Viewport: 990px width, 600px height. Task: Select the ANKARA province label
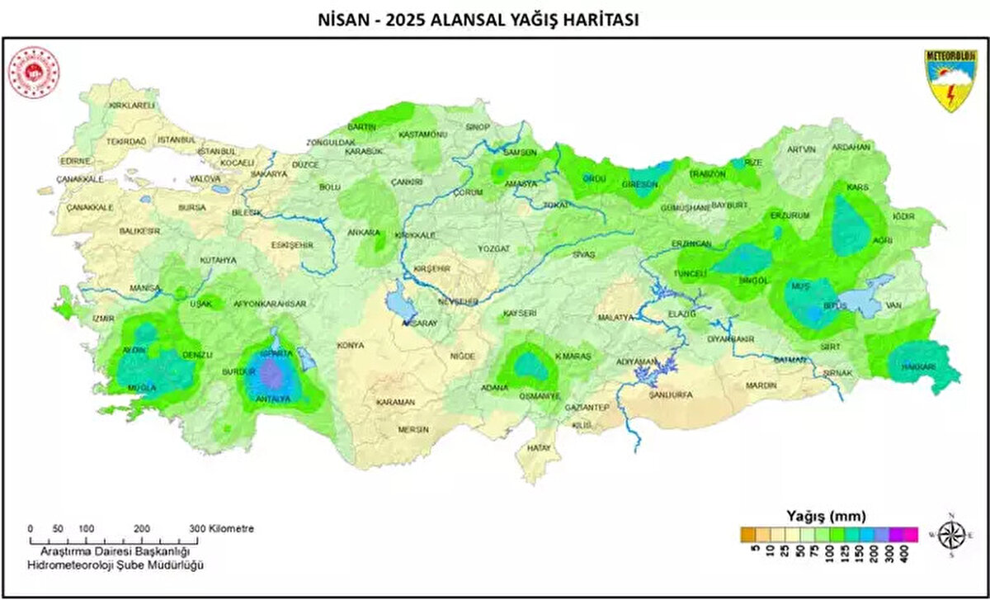364,233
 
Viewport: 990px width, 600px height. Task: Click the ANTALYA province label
273,399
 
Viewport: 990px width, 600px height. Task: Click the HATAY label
539,447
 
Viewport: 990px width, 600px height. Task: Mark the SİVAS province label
583,255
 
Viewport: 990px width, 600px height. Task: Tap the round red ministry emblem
34,73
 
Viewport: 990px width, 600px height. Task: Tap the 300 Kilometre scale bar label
220,528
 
